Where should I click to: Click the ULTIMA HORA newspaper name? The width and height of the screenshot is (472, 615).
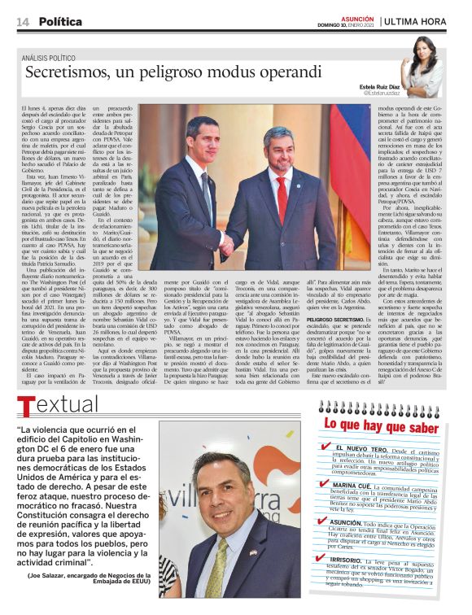pos(414,21)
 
